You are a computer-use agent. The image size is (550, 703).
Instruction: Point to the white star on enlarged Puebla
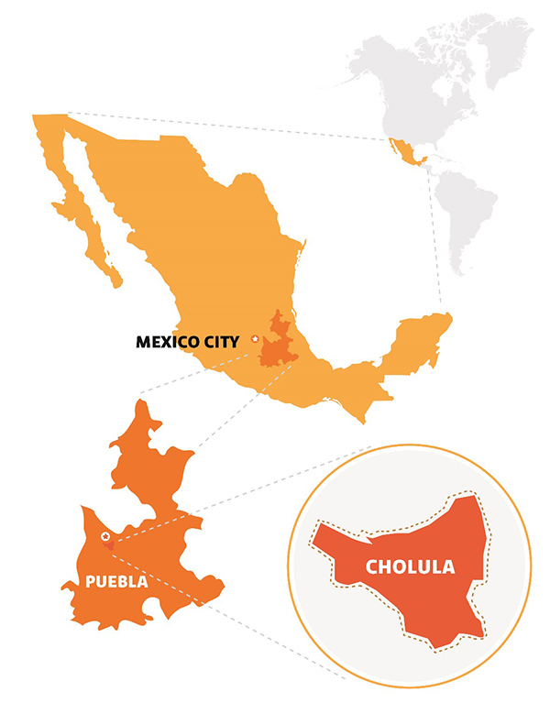(x=106, y=535)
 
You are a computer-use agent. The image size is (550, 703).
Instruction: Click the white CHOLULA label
(x=410, y=566)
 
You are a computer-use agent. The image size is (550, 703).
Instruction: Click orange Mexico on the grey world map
(x=403, y=153)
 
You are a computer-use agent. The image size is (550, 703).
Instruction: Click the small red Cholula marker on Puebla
(x=110, y=545)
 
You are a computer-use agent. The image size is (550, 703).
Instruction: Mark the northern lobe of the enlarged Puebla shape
(x=147, y=449)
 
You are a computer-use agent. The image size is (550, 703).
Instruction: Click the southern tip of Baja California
(x=117, y=281)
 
